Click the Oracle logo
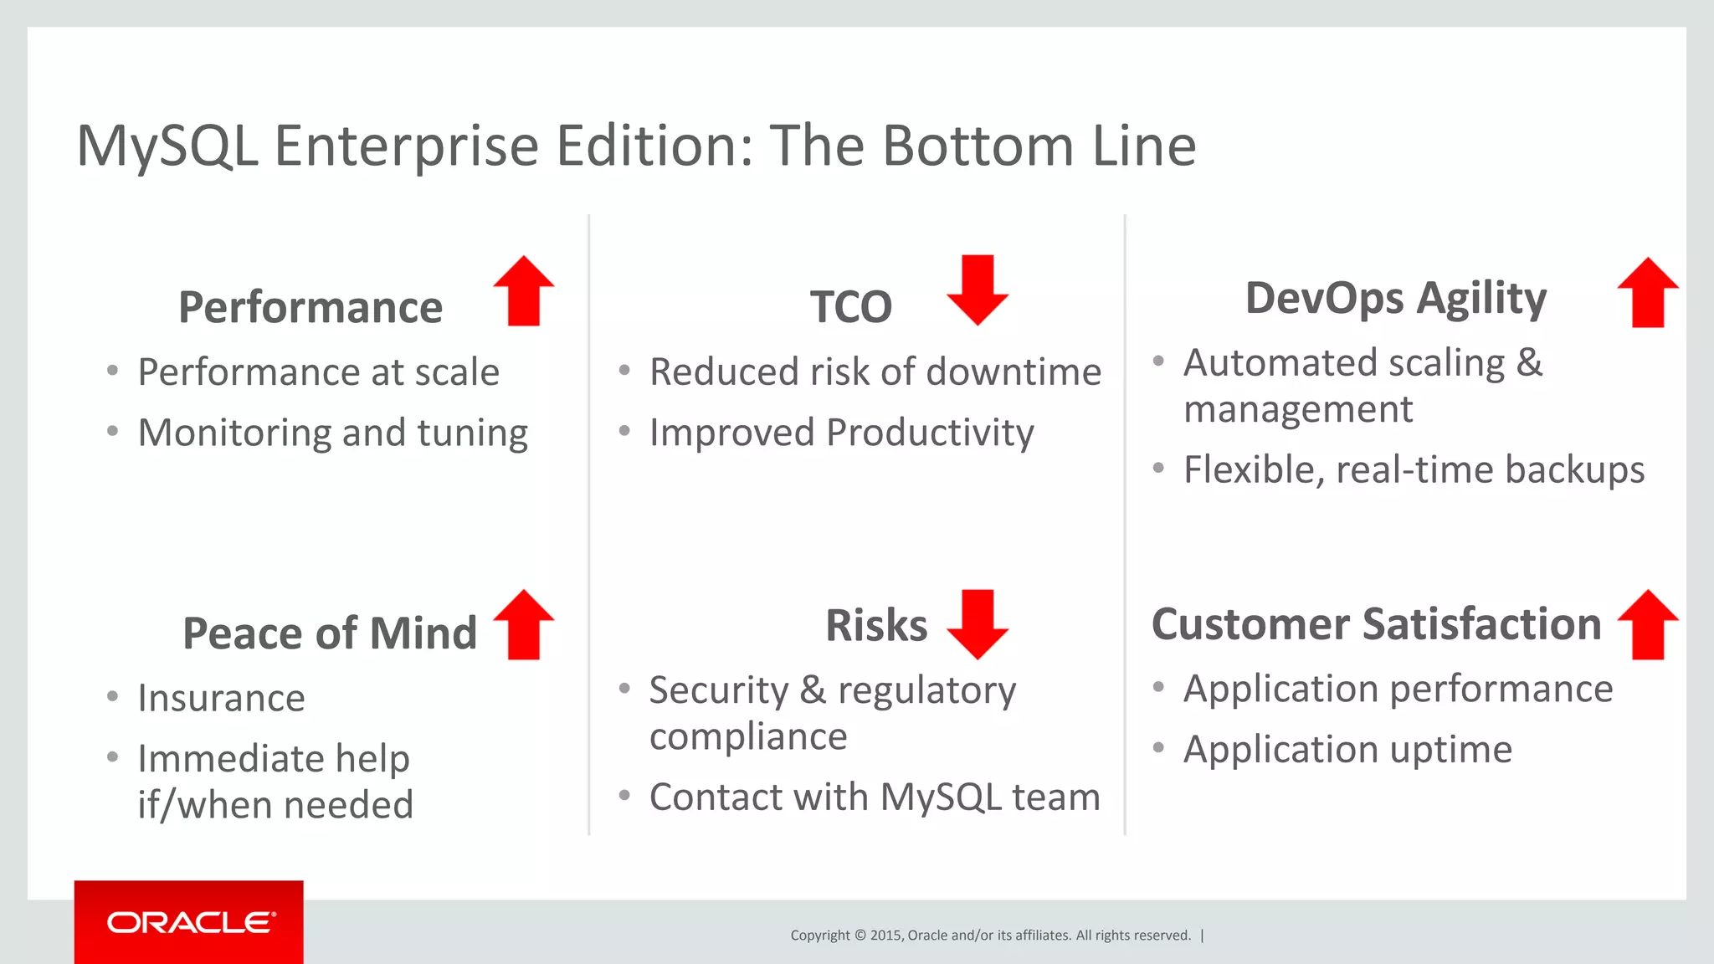point(190,922)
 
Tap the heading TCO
point(850,307)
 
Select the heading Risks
point(876,625)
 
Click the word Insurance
point(222,698)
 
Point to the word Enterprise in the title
point(406,146)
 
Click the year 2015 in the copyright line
point(885,936)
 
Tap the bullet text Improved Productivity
point(841,433)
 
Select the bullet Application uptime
point(1347,749)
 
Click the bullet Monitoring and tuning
point(332,433)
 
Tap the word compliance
point(748,736)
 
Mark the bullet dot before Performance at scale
point(113,371)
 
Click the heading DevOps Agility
point(1395,299)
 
